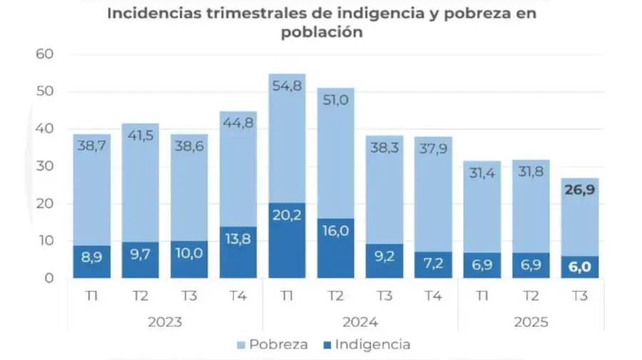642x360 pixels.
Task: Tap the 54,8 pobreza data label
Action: (286, 86)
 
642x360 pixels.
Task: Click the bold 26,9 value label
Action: (579, 191)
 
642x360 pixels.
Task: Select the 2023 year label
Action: (165, 322)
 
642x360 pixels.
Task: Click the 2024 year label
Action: (360, 322)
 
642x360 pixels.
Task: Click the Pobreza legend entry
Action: (274, 345)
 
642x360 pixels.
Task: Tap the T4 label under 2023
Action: (238, 296)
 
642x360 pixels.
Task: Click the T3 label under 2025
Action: (579, 296)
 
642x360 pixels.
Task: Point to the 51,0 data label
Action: (335, 100)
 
